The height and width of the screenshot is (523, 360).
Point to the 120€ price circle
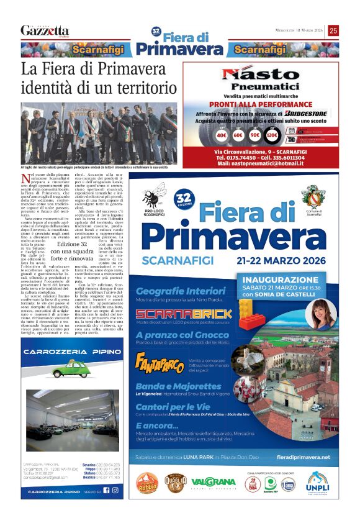(271, 134)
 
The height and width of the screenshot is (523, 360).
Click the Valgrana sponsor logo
(213, 481)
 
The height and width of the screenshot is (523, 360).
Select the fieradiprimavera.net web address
(304, 457)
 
